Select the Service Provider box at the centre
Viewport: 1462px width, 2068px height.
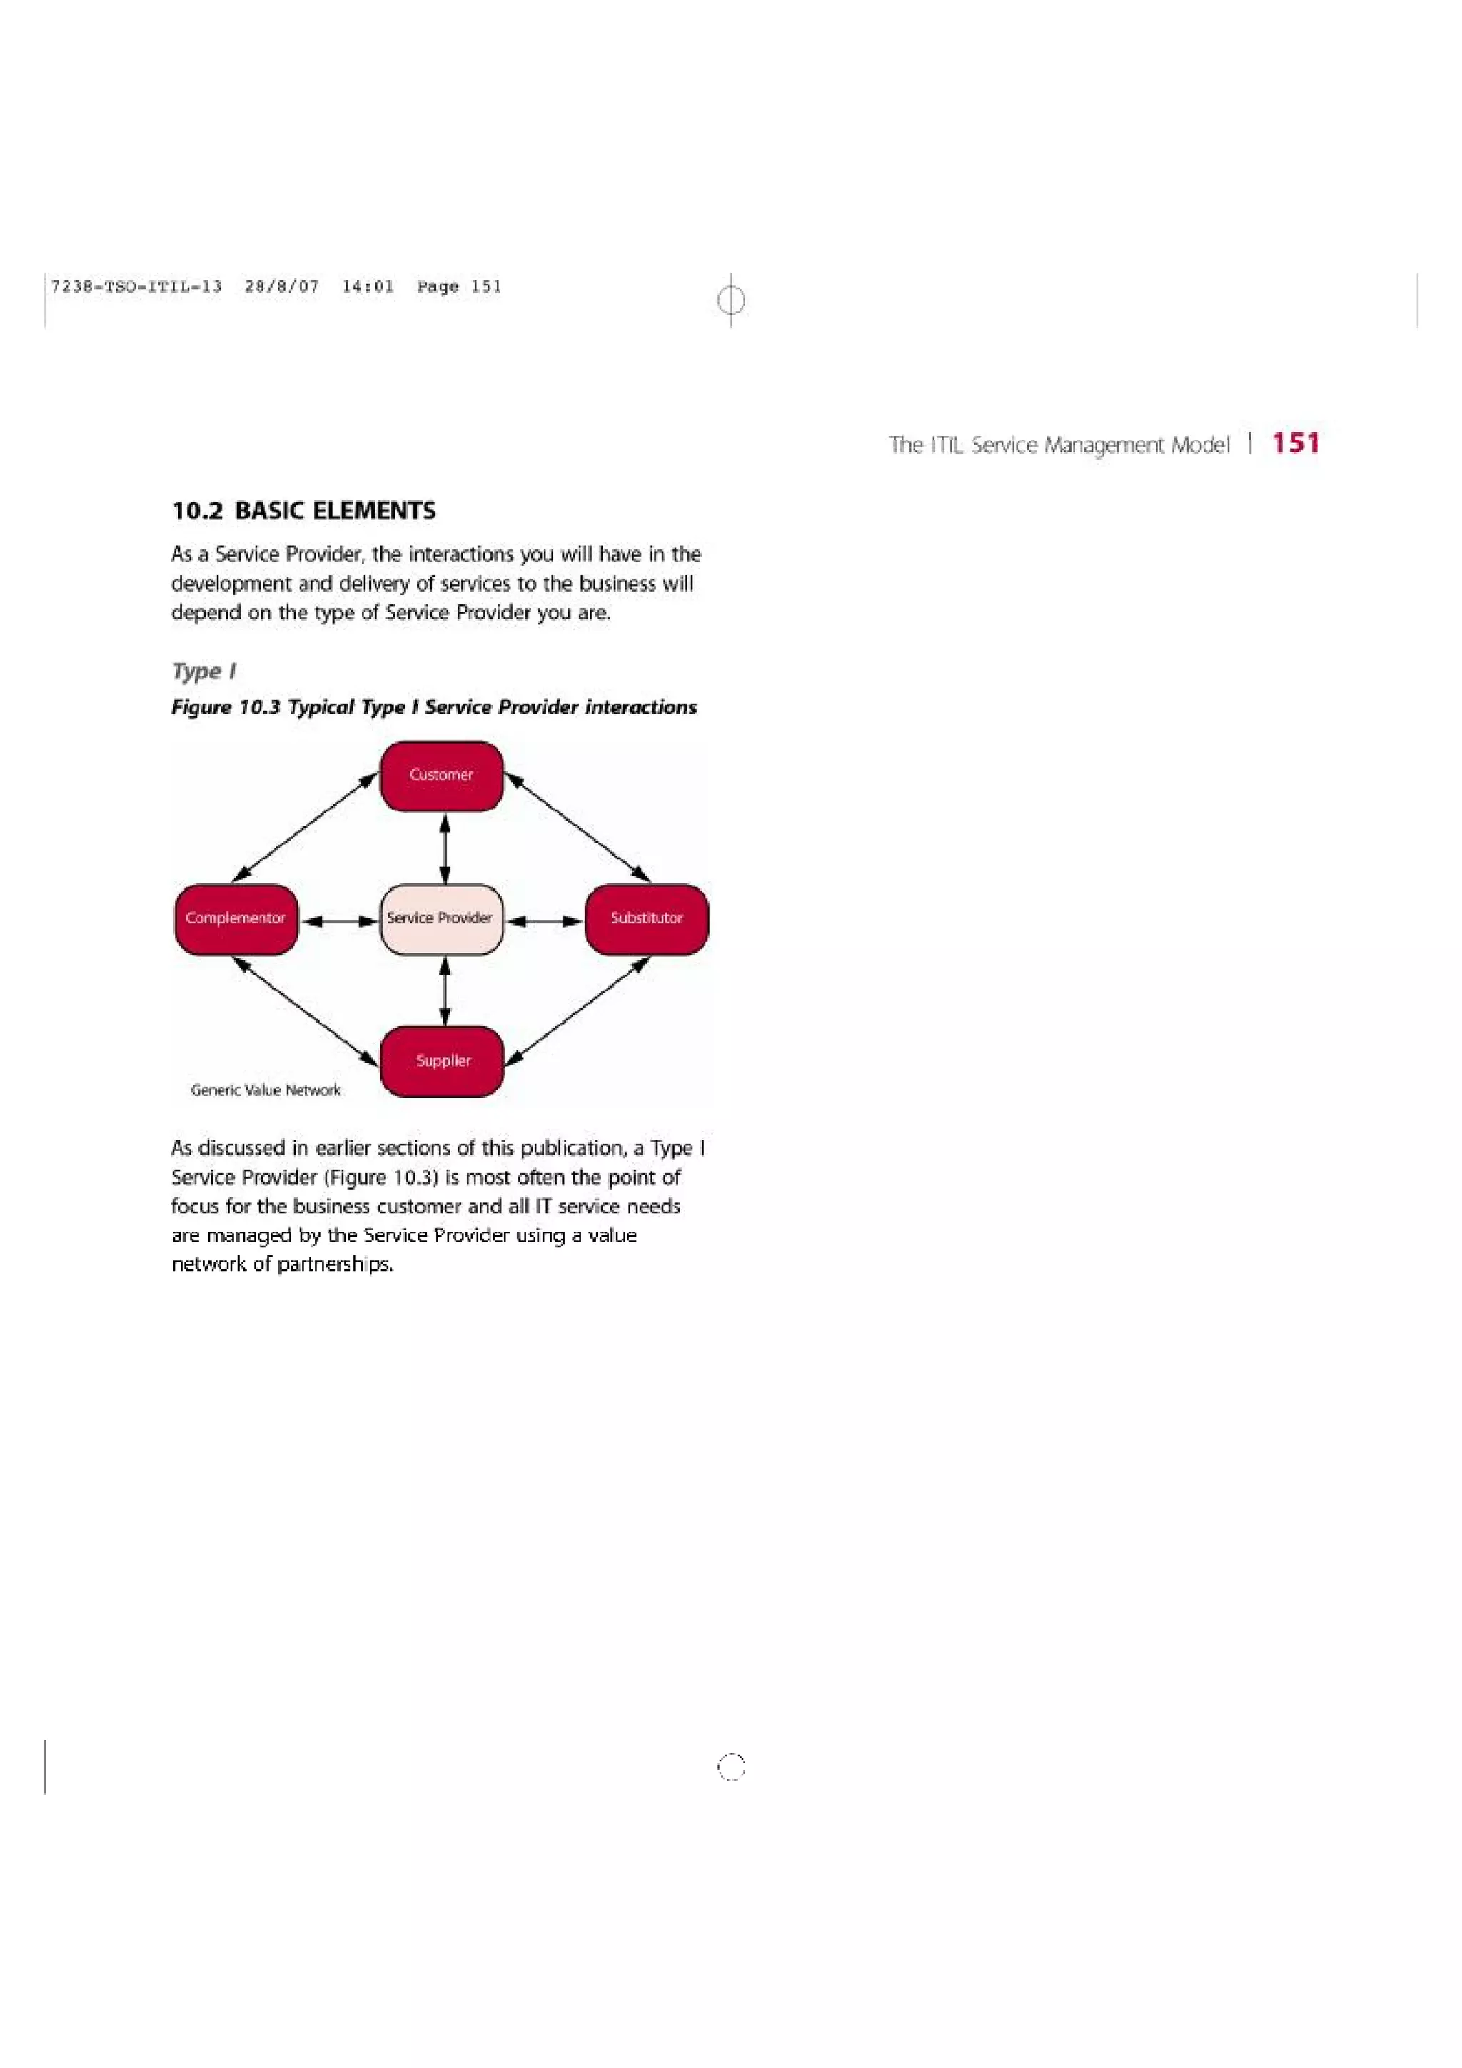click(441, 918)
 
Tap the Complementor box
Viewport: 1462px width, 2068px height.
click(236, 918)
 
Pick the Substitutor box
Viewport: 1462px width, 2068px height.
click(646, 918)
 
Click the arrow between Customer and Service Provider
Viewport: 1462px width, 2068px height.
click(445, 848)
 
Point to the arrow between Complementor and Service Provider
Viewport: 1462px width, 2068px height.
click(340, 921)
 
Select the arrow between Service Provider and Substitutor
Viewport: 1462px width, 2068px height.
click(544, 921)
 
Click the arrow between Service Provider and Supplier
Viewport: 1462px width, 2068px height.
click(445, 990)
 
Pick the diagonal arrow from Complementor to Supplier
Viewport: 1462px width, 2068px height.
click(305, 1010)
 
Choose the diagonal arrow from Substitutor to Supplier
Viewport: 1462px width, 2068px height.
click(578, 1010)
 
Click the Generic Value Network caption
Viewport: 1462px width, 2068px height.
click(266, 1090)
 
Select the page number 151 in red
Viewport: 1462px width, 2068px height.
click(1296, 443)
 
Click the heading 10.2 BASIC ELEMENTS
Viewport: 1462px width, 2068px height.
click(303, 512)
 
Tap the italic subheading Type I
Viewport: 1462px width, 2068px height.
click(203, 671)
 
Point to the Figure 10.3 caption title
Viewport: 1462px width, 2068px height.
click(433, 707)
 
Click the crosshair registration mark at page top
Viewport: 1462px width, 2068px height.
click(732, 300)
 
